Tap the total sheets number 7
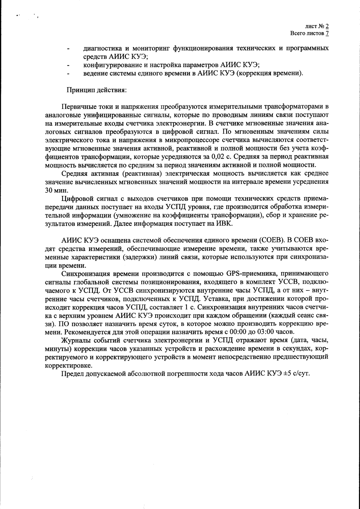pos(327,33)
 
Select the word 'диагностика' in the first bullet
pos(102,49)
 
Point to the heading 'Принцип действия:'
pos(96,90)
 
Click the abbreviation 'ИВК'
pos(226,223)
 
